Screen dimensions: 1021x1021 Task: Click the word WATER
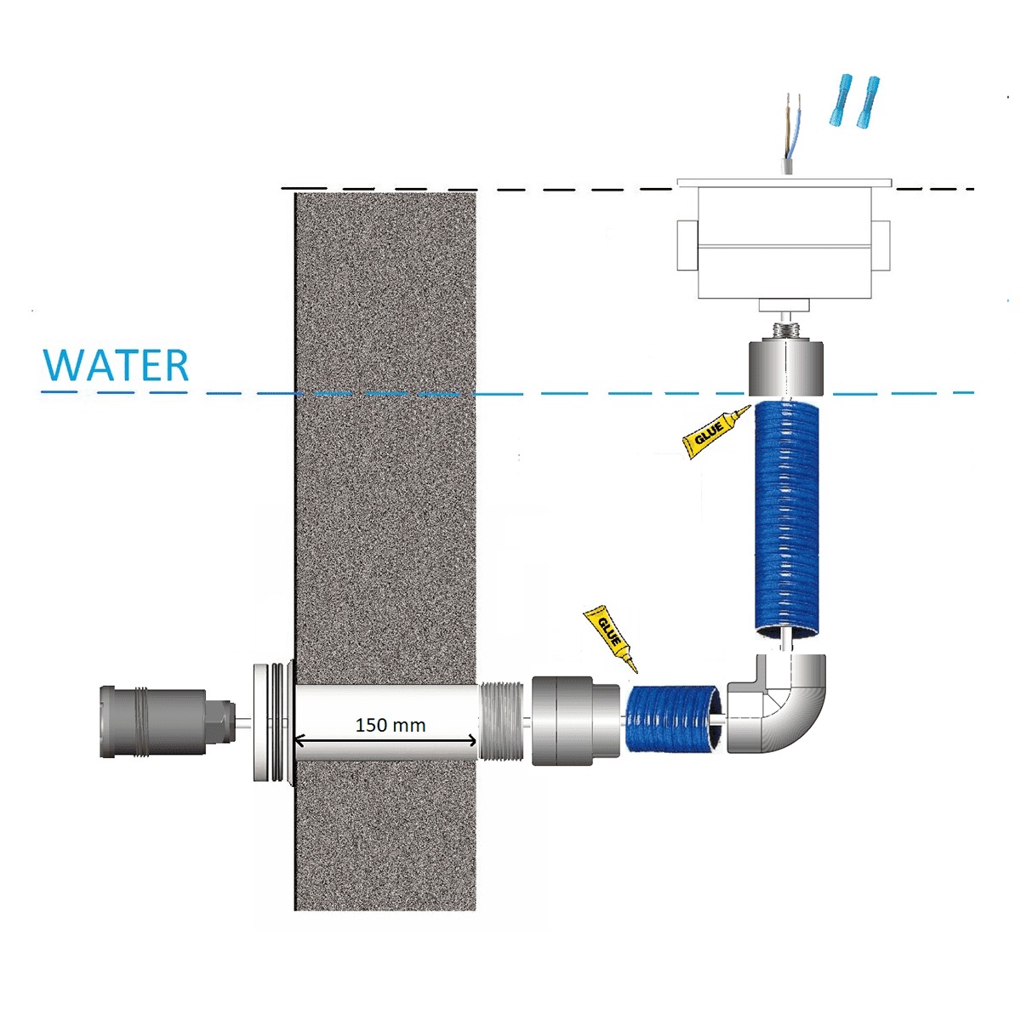(116, 365)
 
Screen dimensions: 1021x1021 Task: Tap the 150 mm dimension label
(391, 725)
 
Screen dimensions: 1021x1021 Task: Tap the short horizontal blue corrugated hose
(673, 718)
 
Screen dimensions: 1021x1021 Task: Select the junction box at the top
(784, 247)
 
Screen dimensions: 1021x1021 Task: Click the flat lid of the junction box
(784, 182)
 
